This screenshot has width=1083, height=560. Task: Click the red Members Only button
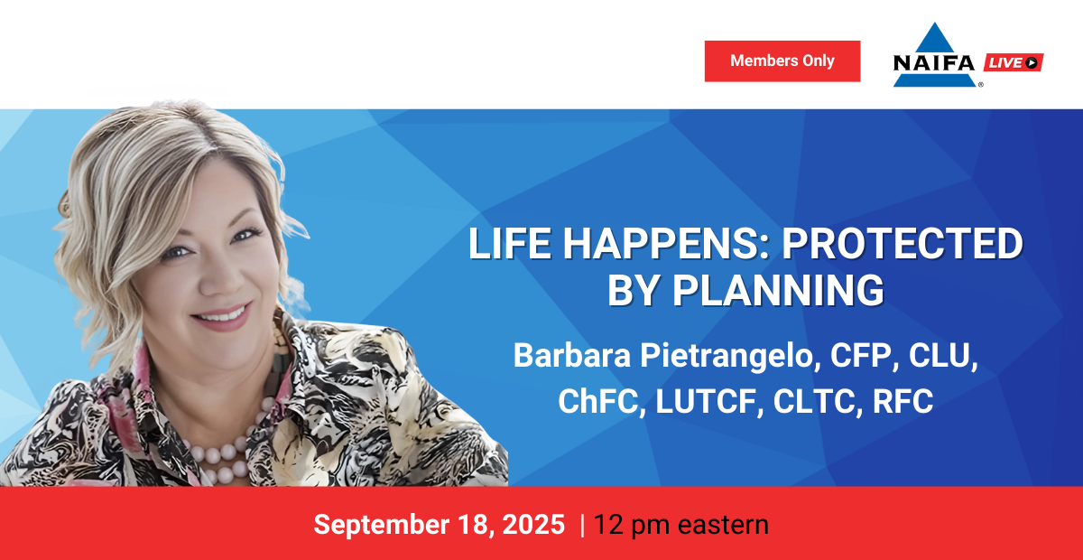pyautogui.click(x=782, y=61)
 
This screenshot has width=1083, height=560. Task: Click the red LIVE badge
pyautogui.click(x=1014, y=62)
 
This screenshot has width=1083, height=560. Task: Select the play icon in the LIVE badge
pyautogui.click(x=1032, y=62)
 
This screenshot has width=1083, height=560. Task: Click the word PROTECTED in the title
pyautogui.click(x=902, y=244)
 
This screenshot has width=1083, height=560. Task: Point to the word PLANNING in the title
pyautogui.click(x=778, y=291)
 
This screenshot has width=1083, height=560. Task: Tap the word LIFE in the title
pyautogui.click(x=509, y=244)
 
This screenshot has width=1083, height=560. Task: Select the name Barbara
pyautogui.click(x=572, y=355)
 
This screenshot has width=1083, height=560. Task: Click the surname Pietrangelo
pyautogui.click(x=730, y=357)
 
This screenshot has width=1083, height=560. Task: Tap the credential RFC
pyautogui.click(x=902, y=401)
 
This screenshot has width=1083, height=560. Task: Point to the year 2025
pyautogui.click(x=533, y=524)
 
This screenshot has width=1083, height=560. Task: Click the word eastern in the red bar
pyautogui.click(x=723, y=525)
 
